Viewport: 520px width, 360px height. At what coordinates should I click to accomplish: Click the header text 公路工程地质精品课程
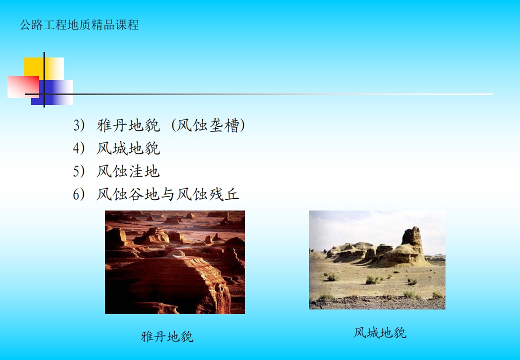pyautogui.click(x=79, y=25)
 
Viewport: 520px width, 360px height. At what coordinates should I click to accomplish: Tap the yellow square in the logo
pyautogui.click(x=44, y=68)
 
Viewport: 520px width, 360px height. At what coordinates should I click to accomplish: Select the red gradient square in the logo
pyautogui.click(x=23, y=87)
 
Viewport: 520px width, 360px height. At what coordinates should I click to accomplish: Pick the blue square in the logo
pyautogui.click(x=52, y=92)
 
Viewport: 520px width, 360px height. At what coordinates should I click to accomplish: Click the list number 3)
pyautogui.click(x=78, y=125)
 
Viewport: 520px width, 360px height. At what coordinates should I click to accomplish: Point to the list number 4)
pyautogui.click(x=78, y=148)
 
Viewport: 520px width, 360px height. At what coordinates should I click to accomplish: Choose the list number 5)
pyautogui.click(x=78, y=171)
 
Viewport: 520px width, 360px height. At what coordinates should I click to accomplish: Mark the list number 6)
pyautogui.click(x=78, y=194)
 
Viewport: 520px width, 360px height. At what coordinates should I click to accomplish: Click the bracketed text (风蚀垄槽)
pyautogui.click(x=208, y=125)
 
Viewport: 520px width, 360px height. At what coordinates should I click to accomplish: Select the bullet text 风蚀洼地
pyautogui.click(x=128, y=171)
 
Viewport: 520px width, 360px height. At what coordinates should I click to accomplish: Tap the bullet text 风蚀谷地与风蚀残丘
pyautogui.click(x=168, y=194)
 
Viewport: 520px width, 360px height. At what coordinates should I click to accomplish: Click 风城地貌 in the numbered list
pyautogui.click(x=128, y=148)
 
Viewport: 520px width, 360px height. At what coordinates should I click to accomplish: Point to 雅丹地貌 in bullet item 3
pyautogui.click(x=128, y=125)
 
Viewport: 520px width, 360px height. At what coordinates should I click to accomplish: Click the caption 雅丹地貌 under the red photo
pyautogui.click(x=167, y=336)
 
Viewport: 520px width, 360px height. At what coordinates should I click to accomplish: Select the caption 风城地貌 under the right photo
pyautogui.click(x=379, y=332)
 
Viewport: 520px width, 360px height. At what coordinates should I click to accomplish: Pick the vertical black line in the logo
pyautogui.click(x=44, y=79)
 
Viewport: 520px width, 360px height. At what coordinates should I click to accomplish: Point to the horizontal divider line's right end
pyautogui.click(x=492, y=94)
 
